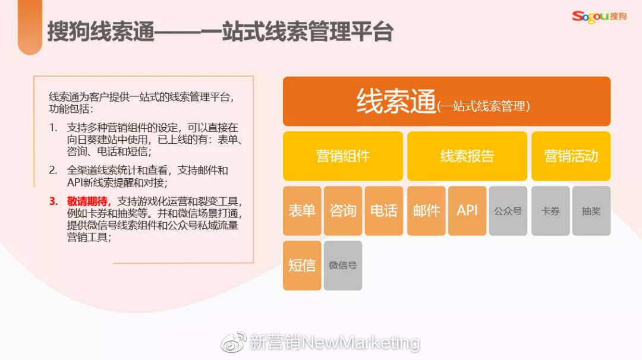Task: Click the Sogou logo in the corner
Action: click(x=599, y=16)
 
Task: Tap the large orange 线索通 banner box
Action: click(x=446, y=101)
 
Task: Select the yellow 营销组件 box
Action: click(x=342, y=156)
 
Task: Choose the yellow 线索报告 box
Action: click(x=467, y=156)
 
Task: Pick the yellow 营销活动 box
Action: click(x=571, y=156)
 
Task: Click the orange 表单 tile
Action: click(x=302, y=211)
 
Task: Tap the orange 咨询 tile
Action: click(x=343, y=211)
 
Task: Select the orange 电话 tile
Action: click(x=384, y=211)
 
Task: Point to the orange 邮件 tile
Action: click(x=426, y=211)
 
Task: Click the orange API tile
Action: click(x=467, y=211)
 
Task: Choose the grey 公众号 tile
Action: click(x=508, y=211)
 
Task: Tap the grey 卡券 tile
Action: click(x=550, y=211)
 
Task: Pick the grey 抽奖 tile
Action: click(x=591, y=211)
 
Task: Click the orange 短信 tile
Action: click(x=302, y=266)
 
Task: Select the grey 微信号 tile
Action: click(x=343, y=266)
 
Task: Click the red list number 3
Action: click(x=53, y=201)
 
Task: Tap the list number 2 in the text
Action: click(x=53, y=170)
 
